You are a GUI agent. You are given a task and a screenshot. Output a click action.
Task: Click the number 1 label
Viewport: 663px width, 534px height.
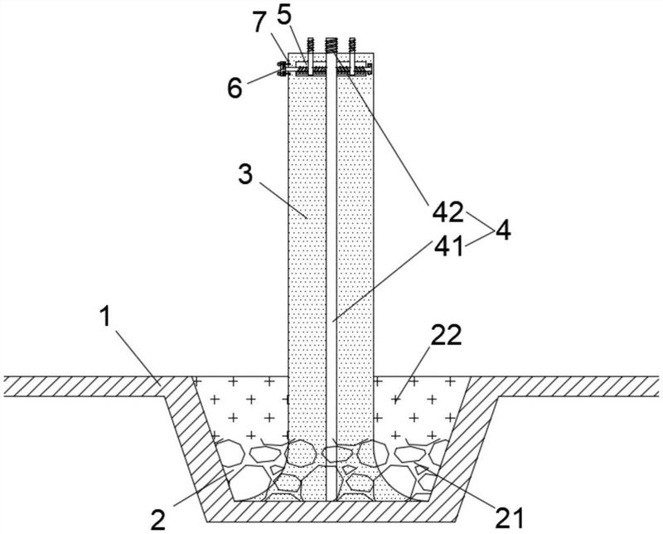click(105, 317)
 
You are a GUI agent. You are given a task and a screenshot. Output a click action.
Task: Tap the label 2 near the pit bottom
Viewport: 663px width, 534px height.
click(158, 520)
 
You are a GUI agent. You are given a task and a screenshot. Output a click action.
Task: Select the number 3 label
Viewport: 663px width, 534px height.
click(245, 174)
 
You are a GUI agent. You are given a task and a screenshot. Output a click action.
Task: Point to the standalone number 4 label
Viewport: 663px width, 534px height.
click(503, 231)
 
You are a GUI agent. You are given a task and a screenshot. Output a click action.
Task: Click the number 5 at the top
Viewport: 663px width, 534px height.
click(284, 16)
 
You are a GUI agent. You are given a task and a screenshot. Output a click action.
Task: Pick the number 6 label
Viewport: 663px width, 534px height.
click(235, 88)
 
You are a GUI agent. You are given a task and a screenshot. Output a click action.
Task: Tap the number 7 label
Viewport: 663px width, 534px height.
click(261, 23)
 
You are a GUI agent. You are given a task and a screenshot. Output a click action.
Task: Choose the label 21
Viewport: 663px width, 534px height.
click(509, 517)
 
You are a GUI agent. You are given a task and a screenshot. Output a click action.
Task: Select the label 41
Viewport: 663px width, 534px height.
click(448, 247)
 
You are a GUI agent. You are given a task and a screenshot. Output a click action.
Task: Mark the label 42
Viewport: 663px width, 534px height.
click(448, 212)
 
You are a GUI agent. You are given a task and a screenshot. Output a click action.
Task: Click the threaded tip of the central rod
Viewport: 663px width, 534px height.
click(330, 45)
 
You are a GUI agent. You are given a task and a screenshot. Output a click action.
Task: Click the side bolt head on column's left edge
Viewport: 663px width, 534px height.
click(280, 69)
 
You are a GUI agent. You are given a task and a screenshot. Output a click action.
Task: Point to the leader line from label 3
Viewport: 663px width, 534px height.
click(283, 200)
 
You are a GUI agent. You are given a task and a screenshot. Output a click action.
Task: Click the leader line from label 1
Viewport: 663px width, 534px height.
click(138, 358)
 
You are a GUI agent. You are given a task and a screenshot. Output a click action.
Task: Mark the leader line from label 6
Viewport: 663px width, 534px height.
click(263, 78)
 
